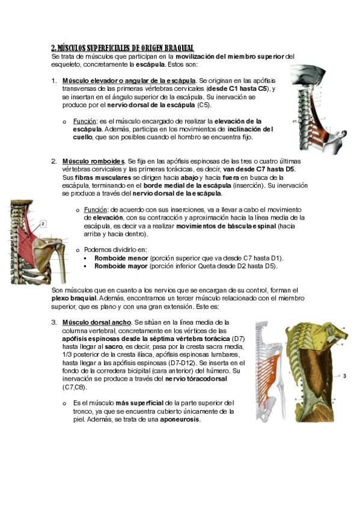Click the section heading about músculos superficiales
pos(123,48)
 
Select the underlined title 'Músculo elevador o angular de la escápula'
pos(129,81)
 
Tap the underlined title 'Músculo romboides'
pos(94,161)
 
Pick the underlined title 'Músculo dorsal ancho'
pos(97,322)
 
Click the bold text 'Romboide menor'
pos(121,258)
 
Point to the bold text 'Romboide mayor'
pos(121,266)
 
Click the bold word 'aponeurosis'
pos(180,420)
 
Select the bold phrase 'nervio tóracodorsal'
pos(196,379)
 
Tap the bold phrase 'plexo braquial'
pos(74,298)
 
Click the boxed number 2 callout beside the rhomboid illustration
pos(43,224)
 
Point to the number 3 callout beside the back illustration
pos(344,376)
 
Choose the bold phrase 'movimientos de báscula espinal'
pos(226,226)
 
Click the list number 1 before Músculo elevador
pos(54,81)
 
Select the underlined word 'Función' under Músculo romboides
pos(95,210)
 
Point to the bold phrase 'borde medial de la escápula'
pos(187,186)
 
